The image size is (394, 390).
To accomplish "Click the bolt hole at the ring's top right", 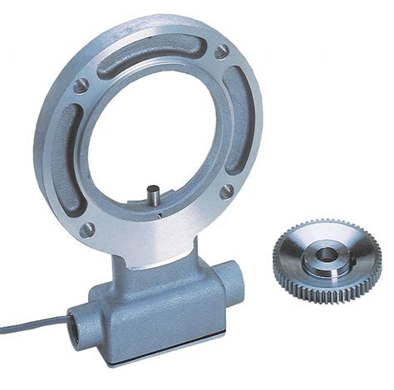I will [222, 52].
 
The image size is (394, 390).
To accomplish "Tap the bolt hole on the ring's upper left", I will [81, 85].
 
